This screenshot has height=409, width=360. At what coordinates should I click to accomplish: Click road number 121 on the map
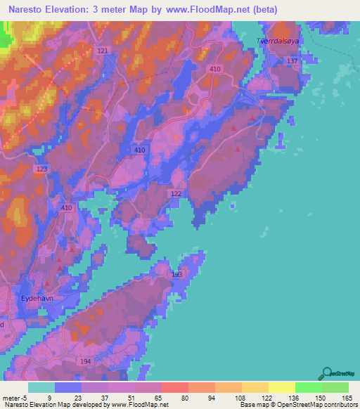click(x=103, y=51)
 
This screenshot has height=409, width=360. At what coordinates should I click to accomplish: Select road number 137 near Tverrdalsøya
click(x=292, y=62)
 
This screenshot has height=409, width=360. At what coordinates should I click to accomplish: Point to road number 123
click(x=41, y=169)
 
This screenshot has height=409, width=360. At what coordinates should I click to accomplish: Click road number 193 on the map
click(x=176, y=275)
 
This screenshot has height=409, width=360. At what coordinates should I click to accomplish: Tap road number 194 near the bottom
click(x=86, y=361)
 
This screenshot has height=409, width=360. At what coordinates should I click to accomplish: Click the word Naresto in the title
click(x=32, y=9)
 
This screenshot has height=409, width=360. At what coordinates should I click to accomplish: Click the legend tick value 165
click(x=347, y=397)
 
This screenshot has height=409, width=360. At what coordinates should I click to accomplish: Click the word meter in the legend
click(x=11, y=397)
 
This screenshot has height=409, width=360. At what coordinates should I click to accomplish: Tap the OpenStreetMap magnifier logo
click(x=326, y=373)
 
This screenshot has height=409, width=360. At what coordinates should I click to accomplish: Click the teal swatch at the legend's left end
click(x=41, y=387)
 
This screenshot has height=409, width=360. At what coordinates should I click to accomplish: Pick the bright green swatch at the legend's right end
click(x=335, y=387)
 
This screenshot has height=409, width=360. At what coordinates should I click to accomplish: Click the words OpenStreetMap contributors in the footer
click(x=320, y=405)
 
